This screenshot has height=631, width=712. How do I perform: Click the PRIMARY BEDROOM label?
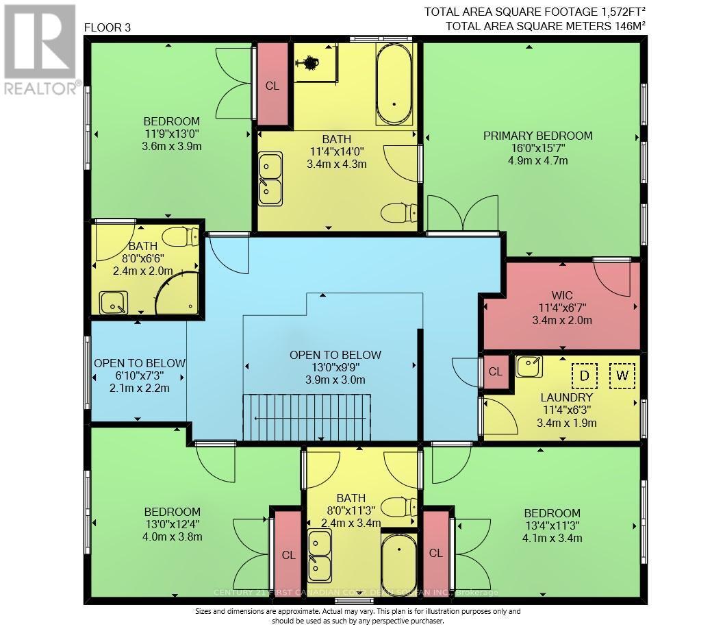click(x=537, y=136)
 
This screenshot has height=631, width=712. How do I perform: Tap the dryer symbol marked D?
click(x=585, y=375)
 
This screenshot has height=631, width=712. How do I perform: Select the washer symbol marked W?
click(x=622, y=375)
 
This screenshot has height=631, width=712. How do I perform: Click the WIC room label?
click(x=565, y=295)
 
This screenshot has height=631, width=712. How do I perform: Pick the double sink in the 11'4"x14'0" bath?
click(x=270, y=178)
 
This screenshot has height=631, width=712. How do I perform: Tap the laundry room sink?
click(x=528, y=367)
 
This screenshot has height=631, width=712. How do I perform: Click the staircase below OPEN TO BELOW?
click(x=306, y=418)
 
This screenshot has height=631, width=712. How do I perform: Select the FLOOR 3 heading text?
click(x=107, y=27)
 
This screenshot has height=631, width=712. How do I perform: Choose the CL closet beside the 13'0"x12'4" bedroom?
click(x=288, y=555)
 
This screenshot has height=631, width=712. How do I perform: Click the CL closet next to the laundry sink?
click(x=496, y=372)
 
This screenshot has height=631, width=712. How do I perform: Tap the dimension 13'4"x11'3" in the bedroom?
click(x=552, y=525)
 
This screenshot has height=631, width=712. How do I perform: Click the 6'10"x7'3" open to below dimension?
click(x=140, y=375)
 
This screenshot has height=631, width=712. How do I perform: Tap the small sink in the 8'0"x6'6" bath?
click(x=113, y=302)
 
